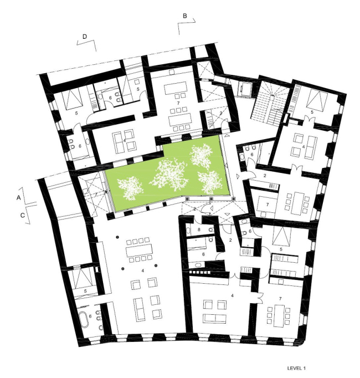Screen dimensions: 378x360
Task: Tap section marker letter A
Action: [x=18, y=197]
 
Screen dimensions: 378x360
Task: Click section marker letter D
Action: [x=84, y=36]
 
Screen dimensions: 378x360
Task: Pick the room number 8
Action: [x=199, y=229]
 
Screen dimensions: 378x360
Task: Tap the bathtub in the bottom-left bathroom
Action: [x=84, y=320]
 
